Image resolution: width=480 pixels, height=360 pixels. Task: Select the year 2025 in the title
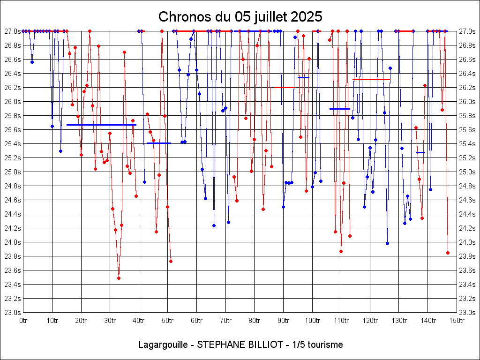[307, 17]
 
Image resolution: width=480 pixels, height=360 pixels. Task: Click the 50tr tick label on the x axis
[167, 321]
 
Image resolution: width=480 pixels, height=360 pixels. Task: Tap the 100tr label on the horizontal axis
[312, 321]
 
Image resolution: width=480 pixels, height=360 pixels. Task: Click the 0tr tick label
[23, 321]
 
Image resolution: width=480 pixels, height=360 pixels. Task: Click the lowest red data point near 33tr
[119, 278]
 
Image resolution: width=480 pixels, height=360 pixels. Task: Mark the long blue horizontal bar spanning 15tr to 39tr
[101, 125]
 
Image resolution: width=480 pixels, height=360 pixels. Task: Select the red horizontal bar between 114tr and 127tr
[371, 79]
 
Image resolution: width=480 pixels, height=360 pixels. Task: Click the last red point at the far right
[448, 253]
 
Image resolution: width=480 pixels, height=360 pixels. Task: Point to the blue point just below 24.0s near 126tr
[387, 243]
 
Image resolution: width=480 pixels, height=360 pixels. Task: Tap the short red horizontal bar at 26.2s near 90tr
[285, 87]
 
